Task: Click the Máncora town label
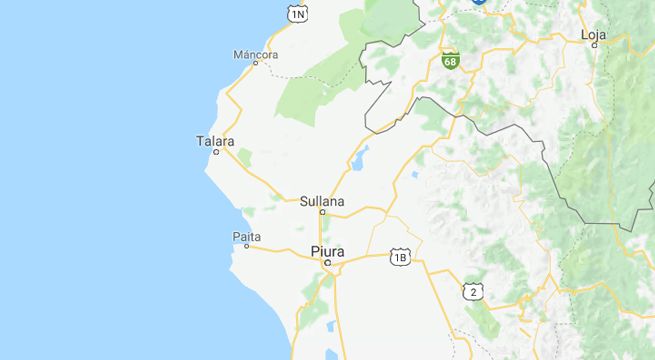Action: tap(254, 53)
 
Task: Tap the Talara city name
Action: tap(215, 140)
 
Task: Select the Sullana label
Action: tap(322, 200)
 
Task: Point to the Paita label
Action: tap(246, 236)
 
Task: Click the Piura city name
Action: tap(327, 251)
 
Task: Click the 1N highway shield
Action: tap(298, 13)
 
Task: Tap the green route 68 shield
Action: tap(451, 60)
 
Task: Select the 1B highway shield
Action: tap(400, 257)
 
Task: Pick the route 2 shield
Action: tap(472, 291)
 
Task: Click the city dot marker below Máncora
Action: tap(255, 63)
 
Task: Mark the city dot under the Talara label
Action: tap(216, 151)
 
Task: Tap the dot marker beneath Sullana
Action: tap(322, 211)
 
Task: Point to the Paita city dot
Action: tap(247, 246)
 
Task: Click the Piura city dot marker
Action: tap(327, 263)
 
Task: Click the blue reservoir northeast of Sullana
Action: tap(359, 157)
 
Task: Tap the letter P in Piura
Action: tap(314, 251)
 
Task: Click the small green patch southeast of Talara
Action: tap(244, 157)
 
